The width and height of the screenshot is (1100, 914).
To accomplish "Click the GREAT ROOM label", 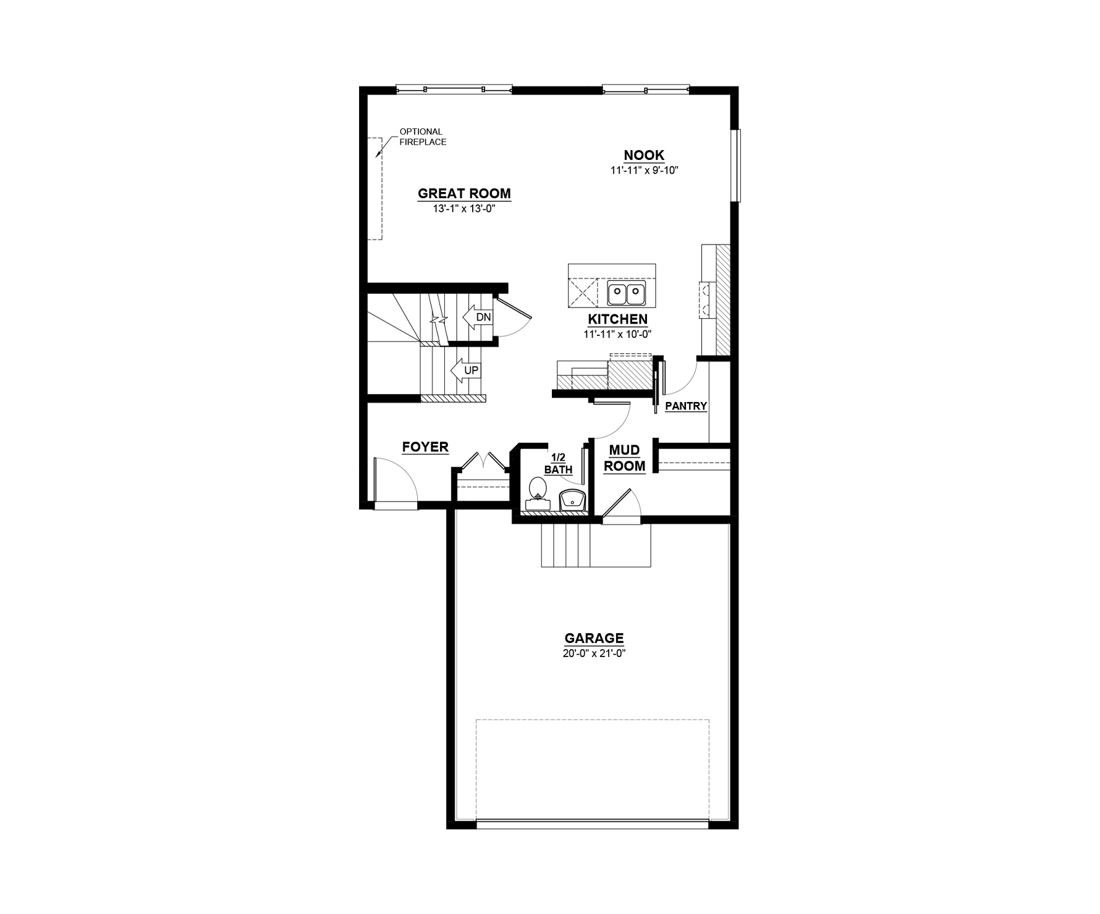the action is click(x=464, y=193).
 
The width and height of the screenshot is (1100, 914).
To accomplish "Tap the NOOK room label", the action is click(x=644, y=155).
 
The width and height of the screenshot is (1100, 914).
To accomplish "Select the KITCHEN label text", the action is click(x=617, y=319).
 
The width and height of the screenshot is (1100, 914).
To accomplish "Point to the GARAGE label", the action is click(x=594, y=638).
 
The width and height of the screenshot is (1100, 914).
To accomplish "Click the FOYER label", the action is click(x=425, y=447).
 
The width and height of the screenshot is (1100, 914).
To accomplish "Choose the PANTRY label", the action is click(x=686, y=406).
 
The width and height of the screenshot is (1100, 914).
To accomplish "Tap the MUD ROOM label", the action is click(x=624, y=458).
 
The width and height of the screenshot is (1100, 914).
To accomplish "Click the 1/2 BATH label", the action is click(x=558, y=463).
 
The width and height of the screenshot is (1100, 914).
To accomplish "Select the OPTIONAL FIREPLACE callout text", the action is click(x=423, y=136).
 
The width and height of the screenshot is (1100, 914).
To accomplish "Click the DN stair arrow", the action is click(x=477, y=317).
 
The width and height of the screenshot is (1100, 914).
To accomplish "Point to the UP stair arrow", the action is click(x=465, y=371).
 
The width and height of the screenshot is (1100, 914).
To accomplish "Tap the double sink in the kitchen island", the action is click(x=626, y=293).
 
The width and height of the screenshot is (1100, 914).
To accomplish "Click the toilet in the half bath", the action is click(x=538, y=492).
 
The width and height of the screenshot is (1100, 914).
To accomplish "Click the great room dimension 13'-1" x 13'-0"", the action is click(x=464, y=209).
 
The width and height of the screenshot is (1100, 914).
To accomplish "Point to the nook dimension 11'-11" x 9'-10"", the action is click(x=645, y=170).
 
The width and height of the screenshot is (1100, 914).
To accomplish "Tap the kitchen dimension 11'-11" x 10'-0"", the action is click(x=618, y=334).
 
